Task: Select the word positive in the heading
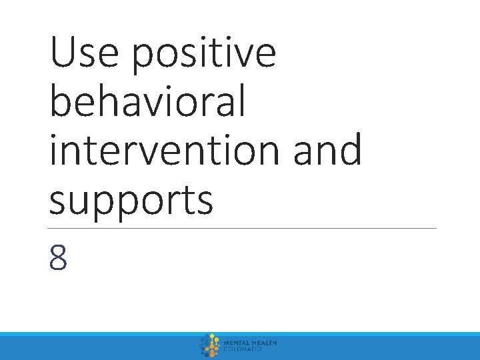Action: click(204, 56)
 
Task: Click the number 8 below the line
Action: click(59, 257)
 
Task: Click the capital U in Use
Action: click(63, 54)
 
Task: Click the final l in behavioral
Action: click(241, 102)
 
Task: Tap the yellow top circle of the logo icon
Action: click(212, 337)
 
